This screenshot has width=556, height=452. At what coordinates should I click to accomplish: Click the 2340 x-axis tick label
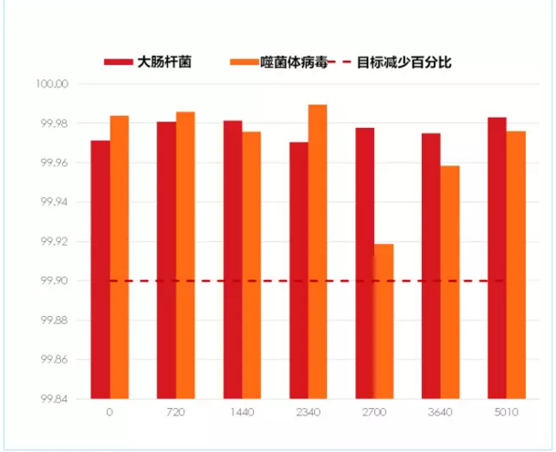[308, 413]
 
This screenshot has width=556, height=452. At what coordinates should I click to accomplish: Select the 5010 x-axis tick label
[506, 413]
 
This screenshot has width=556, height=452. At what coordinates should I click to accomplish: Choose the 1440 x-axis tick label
[242, 413]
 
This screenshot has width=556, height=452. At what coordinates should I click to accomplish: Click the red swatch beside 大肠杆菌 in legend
[118, 63]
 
